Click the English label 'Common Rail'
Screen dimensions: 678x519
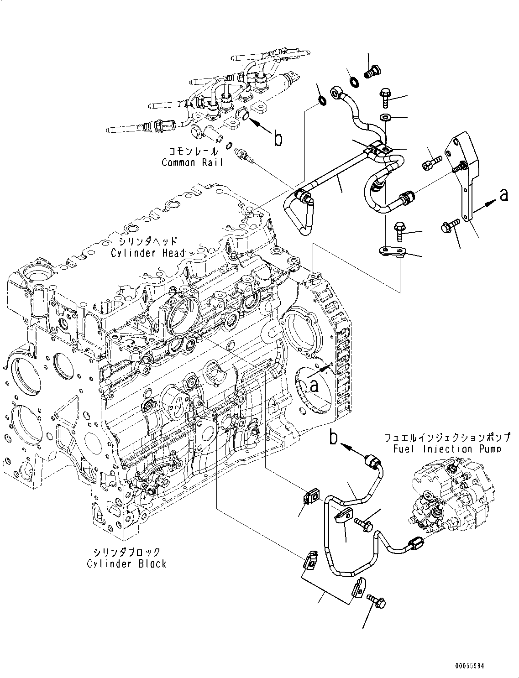point(192,162)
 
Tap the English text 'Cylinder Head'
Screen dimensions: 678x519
point(148,253)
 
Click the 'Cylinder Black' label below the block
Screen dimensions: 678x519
point(126,564)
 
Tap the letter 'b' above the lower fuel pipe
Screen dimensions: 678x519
point(335,438)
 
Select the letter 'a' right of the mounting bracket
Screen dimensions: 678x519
point(503,195)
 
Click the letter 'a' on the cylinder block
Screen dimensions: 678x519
point(314,386)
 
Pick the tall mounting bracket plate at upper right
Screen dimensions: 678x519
point(463,173)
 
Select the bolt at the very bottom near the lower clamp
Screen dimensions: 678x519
point(377,601)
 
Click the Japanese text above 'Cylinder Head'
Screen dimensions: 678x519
point(148,241)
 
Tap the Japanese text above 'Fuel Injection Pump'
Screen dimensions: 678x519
point(446,438)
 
